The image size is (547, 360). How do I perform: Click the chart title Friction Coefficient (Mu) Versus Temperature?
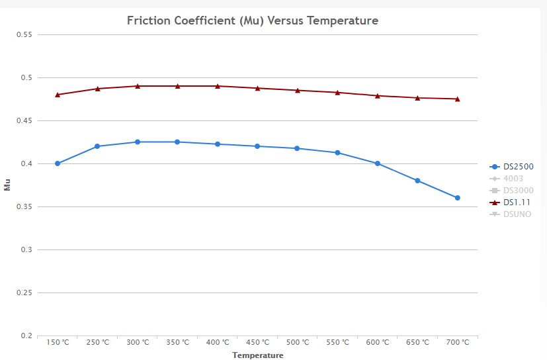coord(252,21)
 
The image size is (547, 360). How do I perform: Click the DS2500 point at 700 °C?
coord(457,198)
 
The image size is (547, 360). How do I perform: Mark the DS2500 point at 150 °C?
coord(58,163)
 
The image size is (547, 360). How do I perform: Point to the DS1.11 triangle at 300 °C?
coord(138,86)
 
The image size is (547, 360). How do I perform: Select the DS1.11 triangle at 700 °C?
coord(457,99)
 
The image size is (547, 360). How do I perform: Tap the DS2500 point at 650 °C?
coord(417,181)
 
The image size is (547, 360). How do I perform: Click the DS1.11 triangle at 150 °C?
coord(58,95)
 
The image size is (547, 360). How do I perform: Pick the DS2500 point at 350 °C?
coord(177,142)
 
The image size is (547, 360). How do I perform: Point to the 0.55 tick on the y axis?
coord(24,34)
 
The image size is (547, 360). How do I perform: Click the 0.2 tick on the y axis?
coord(26,336)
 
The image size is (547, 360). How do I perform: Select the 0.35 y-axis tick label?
coord(24,206)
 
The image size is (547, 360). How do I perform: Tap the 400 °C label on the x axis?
coord(218,343)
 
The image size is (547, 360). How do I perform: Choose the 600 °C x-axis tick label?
coord(378,343)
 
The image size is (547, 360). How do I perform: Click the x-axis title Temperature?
coord(257,355)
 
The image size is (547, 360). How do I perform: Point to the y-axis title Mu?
coord(7,185)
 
